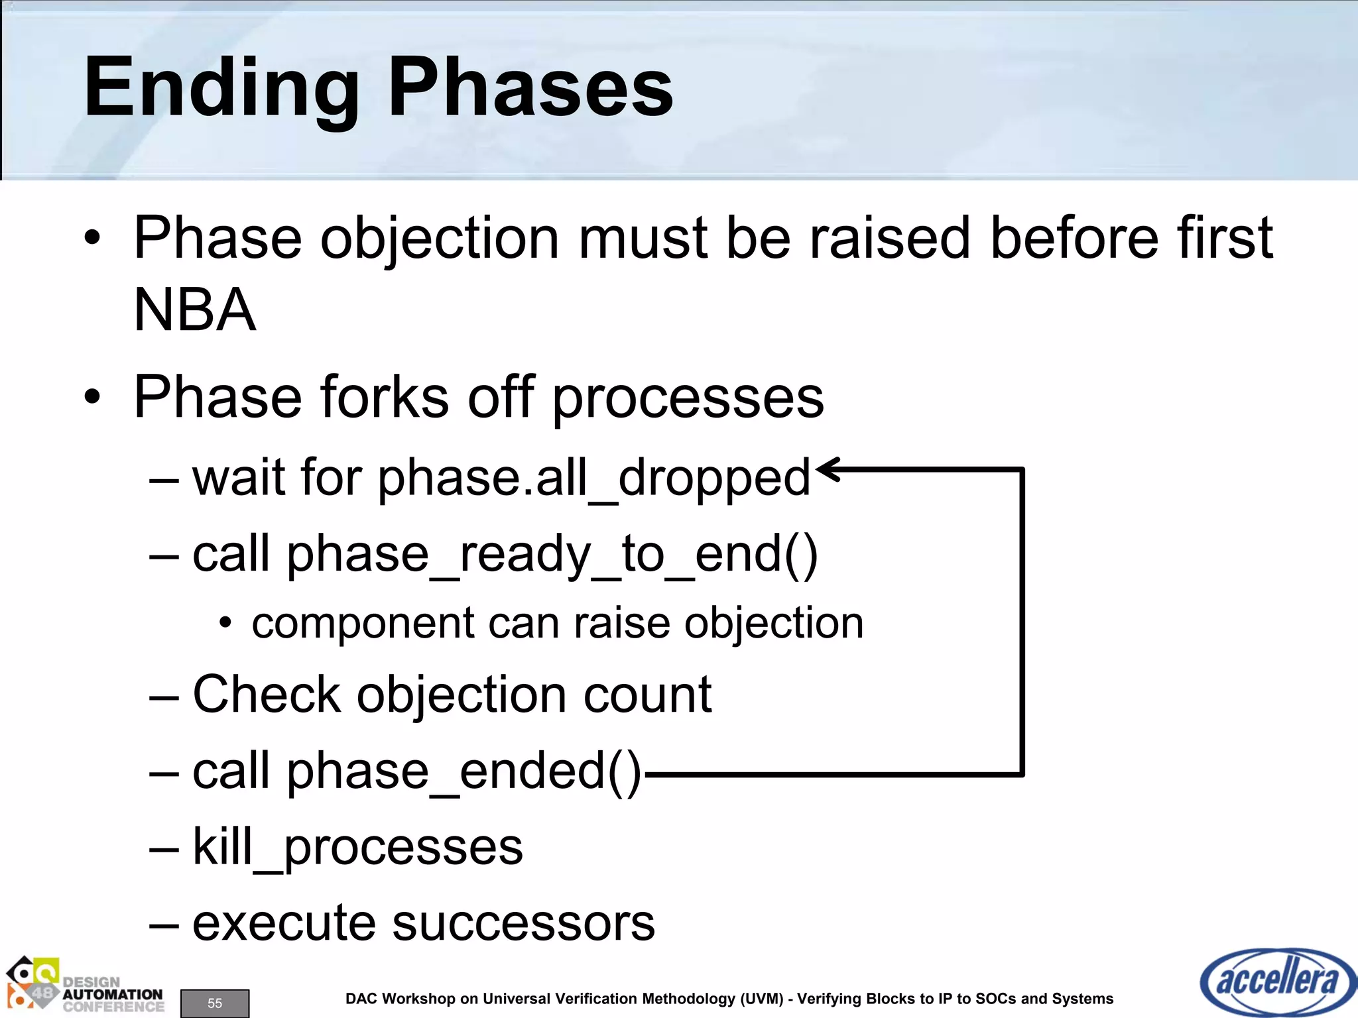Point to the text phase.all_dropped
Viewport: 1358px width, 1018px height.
coord(594,478)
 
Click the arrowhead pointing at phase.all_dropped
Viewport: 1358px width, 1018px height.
coord(829,469)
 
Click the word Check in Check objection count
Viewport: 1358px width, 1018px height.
coord(266,695)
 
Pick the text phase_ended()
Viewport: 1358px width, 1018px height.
coord(464,771)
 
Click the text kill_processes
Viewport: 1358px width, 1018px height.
coord(357,847)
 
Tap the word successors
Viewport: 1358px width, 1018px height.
coord(523,923)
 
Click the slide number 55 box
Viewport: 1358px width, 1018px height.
coord(215,1003)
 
